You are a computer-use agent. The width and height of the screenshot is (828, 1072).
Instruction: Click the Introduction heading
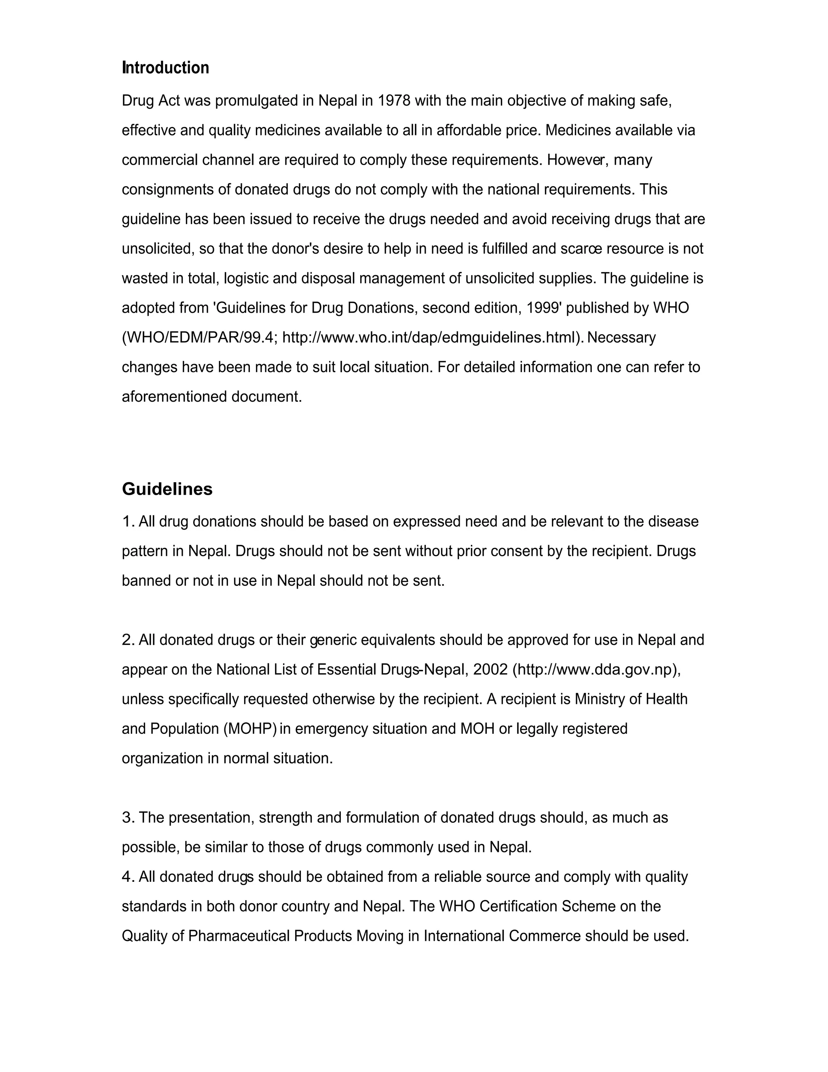[165, 68]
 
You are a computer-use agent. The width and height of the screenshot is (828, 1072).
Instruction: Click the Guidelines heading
[167, 489]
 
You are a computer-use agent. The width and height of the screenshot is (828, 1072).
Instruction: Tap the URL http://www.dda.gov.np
[595, 669]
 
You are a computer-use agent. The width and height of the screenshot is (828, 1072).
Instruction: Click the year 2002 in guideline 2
[490, 669]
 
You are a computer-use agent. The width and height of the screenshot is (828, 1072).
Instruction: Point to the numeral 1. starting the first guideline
[128, 522]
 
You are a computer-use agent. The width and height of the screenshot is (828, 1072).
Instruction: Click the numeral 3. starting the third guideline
[128, 818]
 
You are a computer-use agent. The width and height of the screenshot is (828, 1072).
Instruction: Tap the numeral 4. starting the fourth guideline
[128, 877]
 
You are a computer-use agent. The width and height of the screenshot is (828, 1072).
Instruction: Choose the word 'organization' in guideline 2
[162, 759]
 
